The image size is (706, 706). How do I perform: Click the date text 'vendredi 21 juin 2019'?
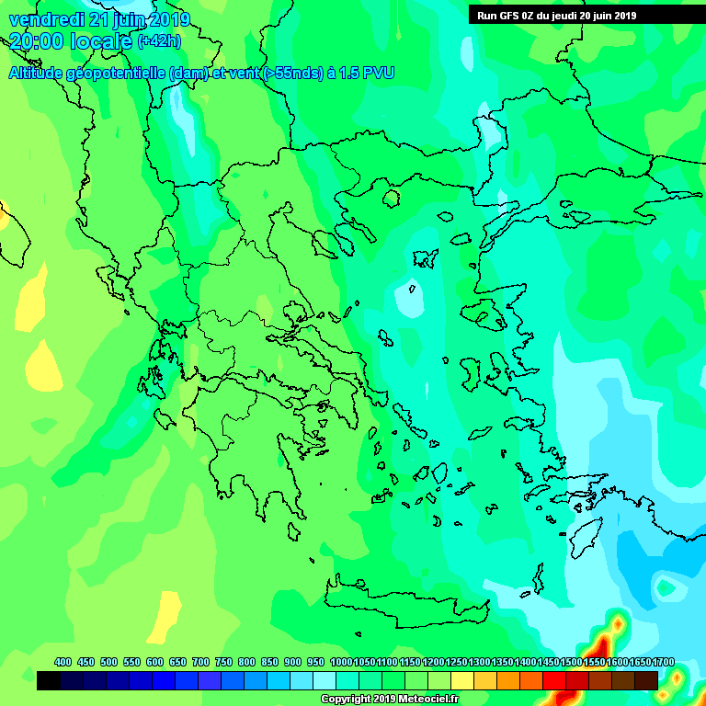click(99, 19)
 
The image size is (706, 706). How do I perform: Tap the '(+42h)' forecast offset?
click(159, 41)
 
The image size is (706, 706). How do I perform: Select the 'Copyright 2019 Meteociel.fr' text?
click(389, 699)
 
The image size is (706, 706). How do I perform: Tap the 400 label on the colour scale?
click(63, 662)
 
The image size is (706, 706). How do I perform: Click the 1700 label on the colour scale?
click(664, 662)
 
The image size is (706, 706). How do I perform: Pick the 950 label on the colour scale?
click(315, 662)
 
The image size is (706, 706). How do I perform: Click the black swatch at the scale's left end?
click(49, 680)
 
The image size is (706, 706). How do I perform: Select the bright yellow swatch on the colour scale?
click(462, 680)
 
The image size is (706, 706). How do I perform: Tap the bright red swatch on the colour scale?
click(554, 680)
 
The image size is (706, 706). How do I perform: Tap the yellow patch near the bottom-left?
click(168, 616)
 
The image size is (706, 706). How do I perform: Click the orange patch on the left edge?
click(3, 216)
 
